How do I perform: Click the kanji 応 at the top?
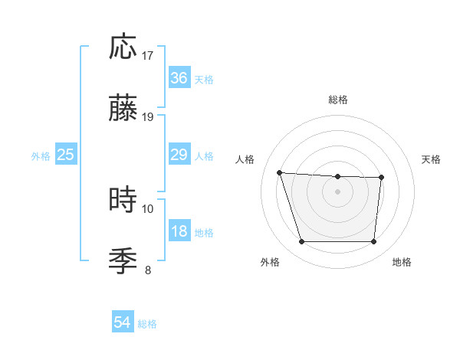coord(123,48)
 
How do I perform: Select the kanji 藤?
coord(123,108)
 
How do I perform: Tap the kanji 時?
coord(123,201)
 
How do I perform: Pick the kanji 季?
coord(123,260)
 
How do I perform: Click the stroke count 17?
coord(148,56)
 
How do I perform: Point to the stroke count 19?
coord(148,116)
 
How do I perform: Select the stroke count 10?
coord(148,208)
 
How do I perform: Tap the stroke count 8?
coord(148,269)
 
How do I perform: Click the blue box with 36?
coord(179,78)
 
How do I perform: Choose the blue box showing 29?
coord(179,155)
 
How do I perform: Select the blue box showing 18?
coord(179,231)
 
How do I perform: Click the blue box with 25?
coord(66,155)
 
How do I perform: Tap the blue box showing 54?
coord(123,323)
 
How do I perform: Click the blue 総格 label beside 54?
coord(147,324)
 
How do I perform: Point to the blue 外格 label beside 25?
coord(41,155)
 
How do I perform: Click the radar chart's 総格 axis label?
coord(338,100)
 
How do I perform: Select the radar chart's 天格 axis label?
coord(432,159)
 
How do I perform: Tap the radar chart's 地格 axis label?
coord(402,262)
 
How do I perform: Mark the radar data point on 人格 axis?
coord(280,173)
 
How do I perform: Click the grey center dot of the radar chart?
coord(338,191)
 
